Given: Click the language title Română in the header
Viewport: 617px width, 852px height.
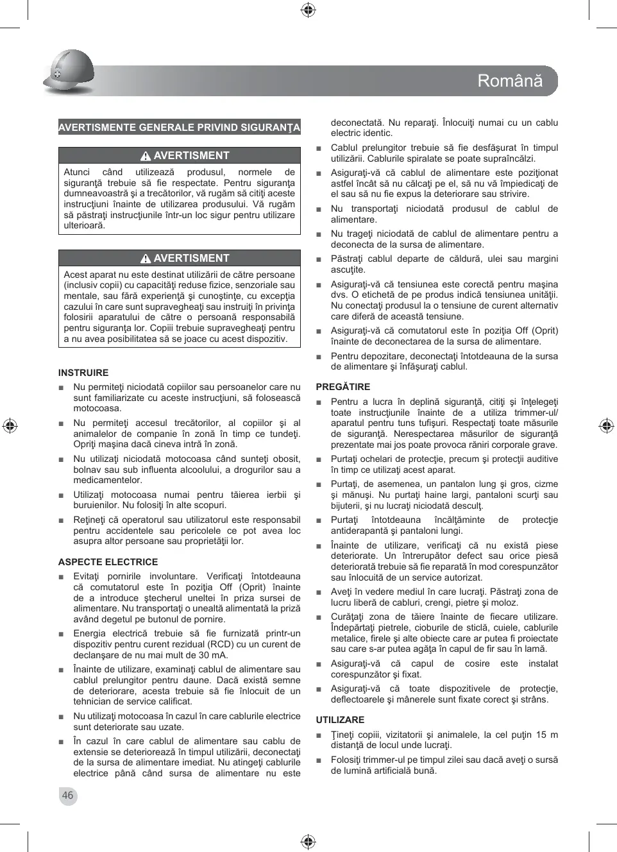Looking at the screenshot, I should pyautogui.click(x=510, y=81).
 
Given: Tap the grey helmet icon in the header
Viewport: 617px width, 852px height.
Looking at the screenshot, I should pyautogui.click(x=69, y=72).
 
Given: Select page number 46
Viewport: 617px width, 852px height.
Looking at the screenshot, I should pyautogui.click(x=67, y=796).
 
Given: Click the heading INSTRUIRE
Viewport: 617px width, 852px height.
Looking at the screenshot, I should pyautogui.click(x=83, y=373).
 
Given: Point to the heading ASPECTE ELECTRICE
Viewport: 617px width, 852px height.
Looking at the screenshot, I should pyautogui.click(x=108, y=562).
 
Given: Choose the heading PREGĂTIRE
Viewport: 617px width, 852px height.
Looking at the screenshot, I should pyautogui.click(x=342, y=387).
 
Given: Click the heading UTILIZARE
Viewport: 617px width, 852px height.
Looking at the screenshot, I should pyautogui.click(x=340, y=720).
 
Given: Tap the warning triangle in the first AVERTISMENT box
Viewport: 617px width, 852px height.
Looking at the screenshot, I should pyautogui.click(x=146, y=156).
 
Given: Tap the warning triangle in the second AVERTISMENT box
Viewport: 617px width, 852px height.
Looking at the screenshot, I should pyautogui.click(x=146, y=259).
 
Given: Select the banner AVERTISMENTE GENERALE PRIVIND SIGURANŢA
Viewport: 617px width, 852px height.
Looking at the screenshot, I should pyautogui.click(x=179, y=127).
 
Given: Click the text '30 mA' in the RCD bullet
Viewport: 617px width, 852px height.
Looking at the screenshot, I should pyautogui.click(x=215, y=655).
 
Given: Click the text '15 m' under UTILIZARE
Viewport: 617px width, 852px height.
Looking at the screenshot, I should pyautogui.click(x=546, y=735).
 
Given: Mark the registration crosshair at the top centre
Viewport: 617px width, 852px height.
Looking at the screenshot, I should pyautogui.click(x=308, y=10).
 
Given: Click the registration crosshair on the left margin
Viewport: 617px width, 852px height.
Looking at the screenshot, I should pyautogui.click(x=10, y=425).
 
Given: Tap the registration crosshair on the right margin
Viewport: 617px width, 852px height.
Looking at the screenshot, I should pyautogui.click(x=606, y=425).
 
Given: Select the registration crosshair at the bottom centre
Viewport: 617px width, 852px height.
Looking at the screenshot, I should pyautogui.click(x=308, y=841).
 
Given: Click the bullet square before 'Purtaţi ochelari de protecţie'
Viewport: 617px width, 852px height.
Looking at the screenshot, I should pyautogui.click(x=319, y=460).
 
